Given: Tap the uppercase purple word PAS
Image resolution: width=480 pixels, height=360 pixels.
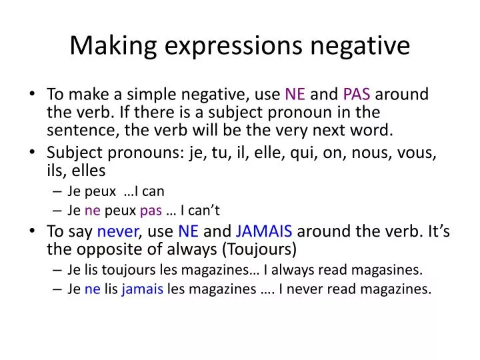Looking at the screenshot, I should pos(357,95).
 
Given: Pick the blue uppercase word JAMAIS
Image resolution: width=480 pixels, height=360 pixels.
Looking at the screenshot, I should pos(264,232).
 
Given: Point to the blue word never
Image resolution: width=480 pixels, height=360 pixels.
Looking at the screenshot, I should pos(117,232).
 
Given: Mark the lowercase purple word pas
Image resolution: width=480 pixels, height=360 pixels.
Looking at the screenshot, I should pos(151,211).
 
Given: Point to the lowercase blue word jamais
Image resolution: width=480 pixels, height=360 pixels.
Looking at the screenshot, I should pos(142,289).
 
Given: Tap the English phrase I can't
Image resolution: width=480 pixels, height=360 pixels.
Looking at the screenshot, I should pos(200,211).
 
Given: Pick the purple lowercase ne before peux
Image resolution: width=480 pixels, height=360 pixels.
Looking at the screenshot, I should pos(92,211).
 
